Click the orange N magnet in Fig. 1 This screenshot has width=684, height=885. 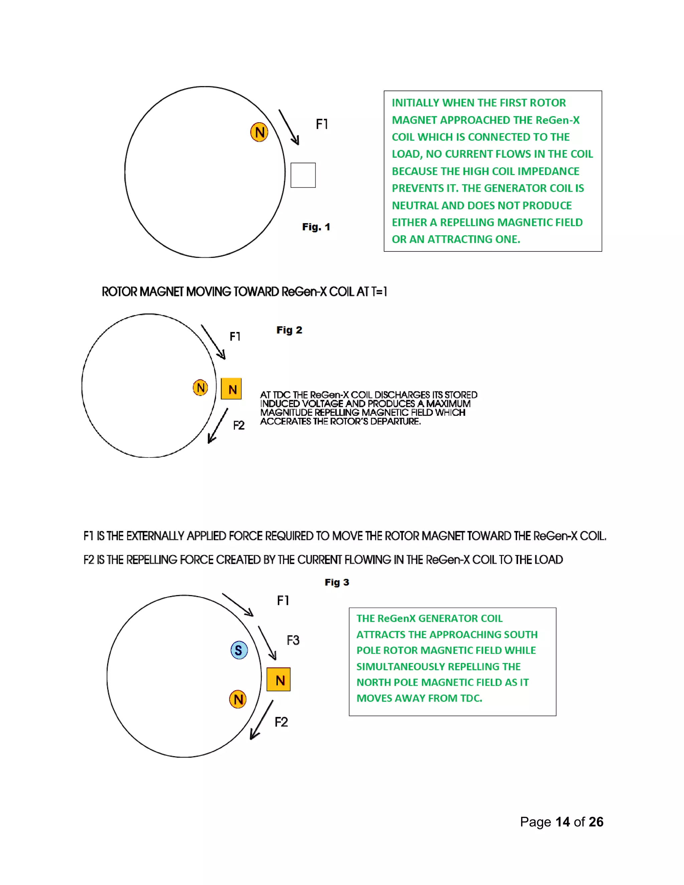pos(259,132)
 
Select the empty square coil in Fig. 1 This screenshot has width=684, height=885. pos(303,175)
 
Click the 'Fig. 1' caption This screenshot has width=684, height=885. pos(316,227)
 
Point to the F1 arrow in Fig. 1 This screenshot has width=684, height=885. pos(289,127)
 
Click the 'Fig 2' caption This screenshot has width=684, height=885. pos(289,330)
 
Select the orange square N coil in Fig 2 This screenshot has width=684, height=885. pos(231,389)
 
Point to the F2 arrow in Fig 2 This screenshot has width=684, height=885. pos(218,426)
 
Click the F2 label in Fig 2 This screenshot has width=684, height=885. pos(239,425)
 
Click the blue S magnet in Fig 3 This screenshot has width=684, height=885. pos(239,650)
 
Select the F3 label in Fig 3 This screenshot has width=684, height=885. pos(293,640)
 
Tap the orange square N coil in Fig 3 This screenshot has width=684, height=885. pos(279,680)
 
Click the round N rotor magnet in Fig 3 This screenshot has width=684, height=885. pos(238,699)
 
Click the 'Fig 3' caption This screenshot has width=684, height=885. pos(337,582)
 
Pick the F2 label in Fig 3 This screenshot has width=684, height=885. pos(281,722)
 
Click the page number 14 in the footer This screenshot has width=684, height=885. pos(562,822)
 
